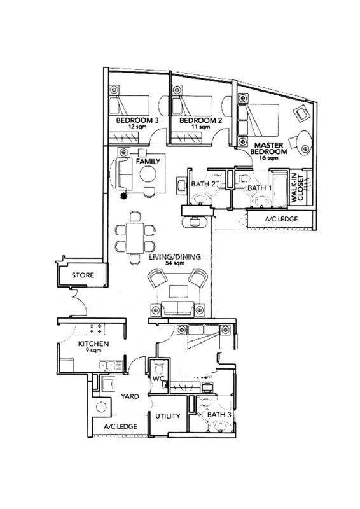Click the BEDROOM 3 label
[x=137, y=120]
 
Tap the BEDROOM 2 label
[x=200, y=120]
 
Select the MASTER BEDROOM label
[x=268, y=148]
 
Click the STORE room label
[x=83, y=275]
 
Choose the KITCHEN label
[x=93, y=344]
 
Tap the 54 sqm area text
[x=175, y=263]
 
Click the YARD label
[x=130, y=396]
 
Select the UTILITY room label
[x=167, y=416]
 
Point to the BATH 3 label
[x=219, y=415]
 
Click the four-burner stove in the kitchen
[x=96, y=328]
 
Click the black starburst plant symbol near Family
[x=123, y=195]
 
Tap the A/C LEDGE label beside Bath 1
[x=281, y=219]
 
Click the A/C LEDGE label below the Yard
[x=120, y=426]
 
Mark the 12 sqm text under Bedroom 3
[x=137, y=127]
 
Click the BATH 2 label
[x=203, y=184]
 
